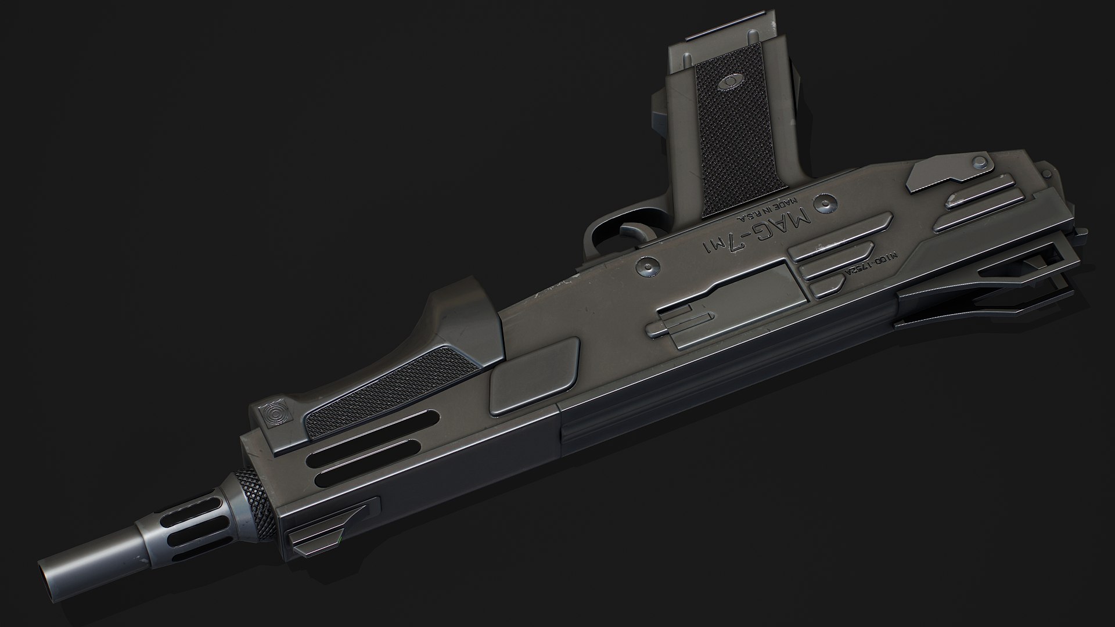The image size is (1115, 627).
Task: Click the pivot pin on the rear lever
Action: [x=980, y=161]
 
